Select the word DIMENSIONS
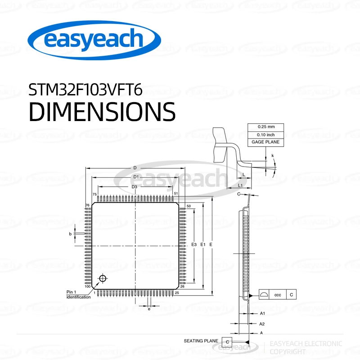point(102,111)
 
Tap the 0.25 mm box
point(265,127)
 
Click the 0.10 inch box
point(265,135)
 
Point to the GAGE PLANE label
point(265,142)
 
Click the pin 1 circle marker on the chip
point(103,279)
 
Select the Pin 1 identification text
point(78,294)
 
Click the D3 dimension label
point(134,187)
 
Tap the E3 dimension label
point(194,244)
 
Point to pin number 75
point(95,194)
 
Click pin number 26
point(183,286)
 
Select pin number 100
point(87,286)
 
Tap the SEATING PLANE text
point(201,341)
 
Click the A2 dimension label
point(262,324)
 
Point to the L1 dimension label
point(240,185)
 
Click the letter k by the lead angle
point(273,156)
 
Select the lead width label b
point(70,234)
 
